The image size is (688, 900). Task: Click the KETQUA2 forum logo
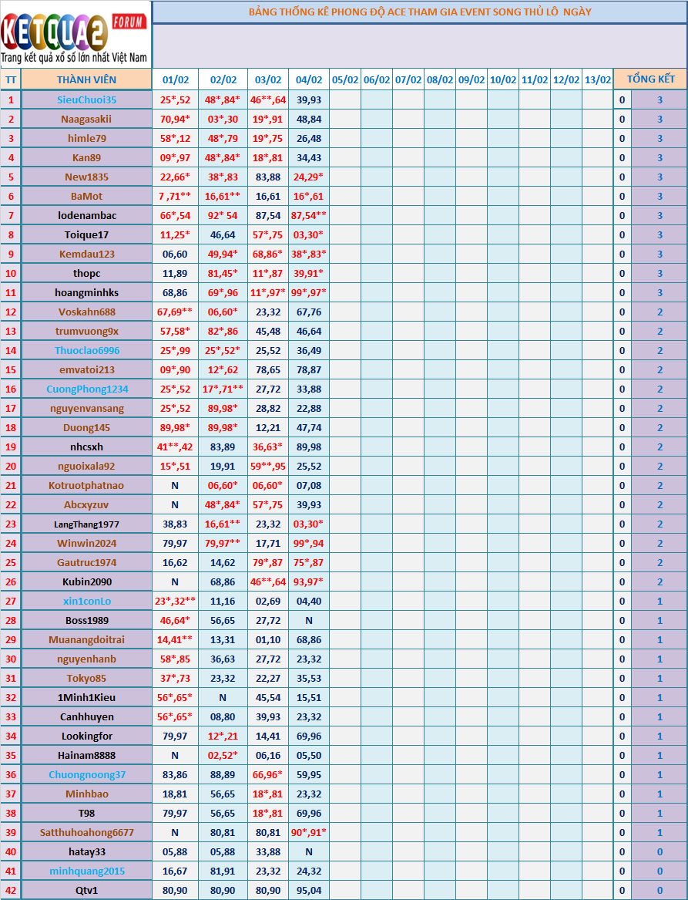click(x=75, y=34)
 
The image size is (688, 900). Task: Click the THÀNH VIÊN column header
click(x=86, y=79)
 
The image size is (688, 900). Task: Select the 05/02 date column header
click(x=345, y=79)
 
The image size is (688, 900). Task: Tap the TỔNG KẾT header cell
click(x=650, y=79)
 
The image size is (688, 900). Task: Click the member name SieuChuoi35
click(x=86, y=99)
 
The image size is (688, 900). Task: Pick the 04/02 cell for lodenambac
click(x=309, y=215)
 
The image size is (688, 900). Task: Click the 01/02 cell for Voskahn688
click(x=175, y=312)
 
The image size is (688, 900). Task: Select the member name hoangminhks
click(x=86, y=292)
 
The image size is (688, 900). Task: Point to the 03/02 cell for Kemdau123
click(x=267, y=254)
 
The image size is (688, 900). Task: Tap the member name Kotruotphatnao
click(x=86, y=485)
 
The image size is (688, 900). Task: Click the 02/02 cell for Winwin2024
click(x=223, y=543)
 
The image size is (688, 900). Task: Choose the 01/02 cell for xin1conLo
click(x=175, y=601)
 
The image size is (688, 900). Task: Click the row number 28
click(x=11, y=620)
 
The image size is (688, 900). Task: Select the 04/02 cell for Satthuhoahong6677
click(x=309, y=832)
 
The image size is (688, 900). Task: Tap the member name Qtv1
click(x=86, y=890)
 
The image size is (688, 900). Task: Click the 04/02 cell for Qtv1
click(x=309, y=890)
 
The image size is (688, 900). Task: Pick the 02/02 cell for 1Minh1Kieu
click(x=223, y=697)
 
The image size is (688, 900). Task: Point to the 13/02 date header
click(x=597, y=79)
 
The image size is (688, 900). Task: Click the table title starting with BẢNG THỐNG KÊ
click(x=420, y=12)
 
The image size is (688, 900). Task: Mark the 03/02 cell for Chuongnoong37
click(x=267, y=774)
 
